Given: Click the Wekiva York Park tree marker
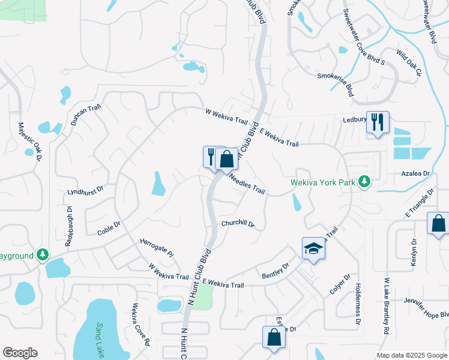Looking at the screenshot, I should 363,181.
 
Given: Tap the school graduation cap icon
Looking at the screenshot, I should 313,249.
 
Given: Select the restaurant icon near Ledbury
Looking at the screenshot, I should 378,122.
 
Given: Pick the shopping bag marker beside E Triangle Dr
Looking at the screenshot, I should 438,224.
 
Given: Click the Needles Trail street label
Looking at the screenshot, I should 247,184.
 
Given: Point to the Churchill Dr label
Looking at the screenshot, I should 238,224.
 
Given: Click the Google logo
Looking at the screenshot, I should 20,353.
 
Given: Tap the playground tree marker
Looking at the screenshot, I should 42,255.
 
